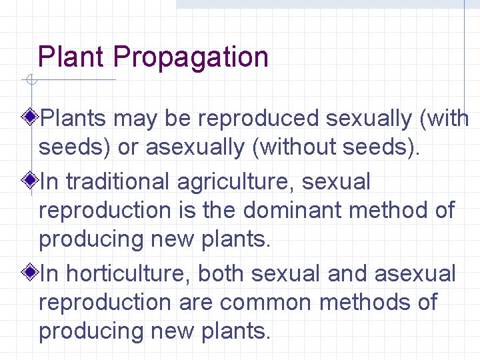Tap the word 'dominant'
(293, 210)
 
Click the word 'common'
(265, 302)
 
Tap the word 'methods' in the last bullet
(367, 302)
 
